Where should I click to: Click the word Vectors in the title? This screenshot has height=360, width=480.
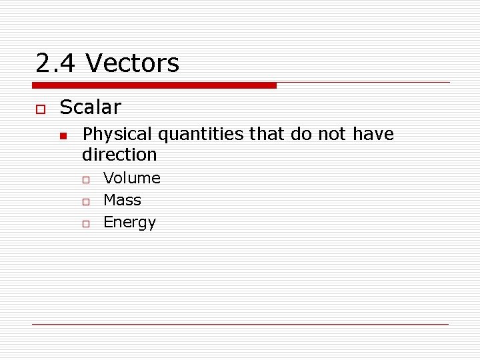133,64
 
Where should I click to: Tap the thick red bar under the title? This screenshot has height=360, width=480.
154,85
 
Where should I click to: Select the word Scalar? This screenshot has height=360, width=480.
90,107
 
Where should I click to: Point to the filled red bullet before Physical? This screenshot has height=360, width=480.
63,136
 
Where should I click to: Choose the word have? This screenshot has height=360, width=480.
373,135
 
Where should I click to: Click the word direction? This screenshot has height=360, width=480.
119,155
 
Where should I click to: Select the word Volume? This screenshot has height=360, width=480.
132,178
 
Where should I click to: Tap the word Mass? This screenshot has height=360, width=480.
123,200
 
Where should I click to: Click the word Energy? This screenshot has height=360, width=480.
129,223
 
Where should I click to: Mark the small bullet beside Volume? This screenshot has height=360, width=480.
86,179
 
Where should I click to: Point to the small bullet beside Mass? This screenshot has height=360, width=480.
86,201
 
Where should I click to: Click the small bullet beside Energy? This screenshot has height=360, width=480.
86,223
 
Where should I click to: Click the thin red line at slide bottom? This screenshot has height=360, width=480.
240,324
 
